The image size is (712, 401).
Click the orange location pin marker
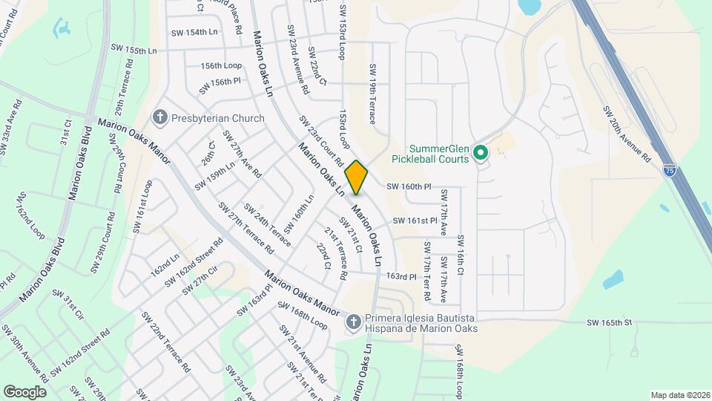pos(357,177)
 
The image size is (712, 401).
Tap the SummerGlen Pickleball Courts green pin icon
pos(480,154)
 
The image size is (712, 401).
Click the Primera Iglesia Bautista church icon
pos(354,322)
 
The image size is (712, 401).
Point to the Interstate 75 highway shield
pos(670,171)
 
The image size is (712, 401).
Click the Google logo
pos(24,391)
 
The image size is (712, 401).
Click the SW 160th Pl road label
pos(408,186)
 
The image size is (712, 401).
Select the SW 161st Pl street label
pos(415,221)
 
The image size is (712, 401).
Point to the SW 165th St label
pos(608,322)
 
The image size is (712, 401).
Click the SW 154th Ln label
pos(194,33)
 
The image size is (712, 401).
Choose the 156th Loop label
pos(221,65)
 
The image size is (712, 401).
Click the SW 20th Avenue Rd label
pos(626,134)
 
